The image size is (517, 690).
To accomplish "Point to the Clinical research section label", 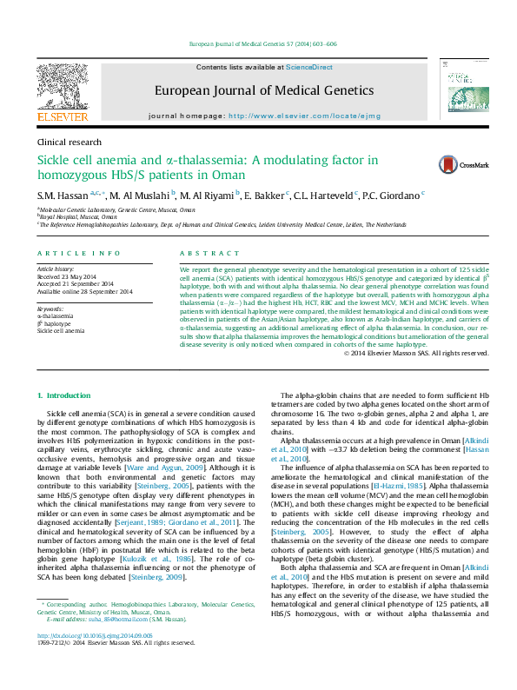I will coord(70,142).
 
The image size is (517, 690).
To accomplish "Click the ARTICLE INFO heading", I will coord(79,253).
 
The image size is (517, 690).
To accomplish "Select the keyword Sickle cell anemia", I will coord(61,331).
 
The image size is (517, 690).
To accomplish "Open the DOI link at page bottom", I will coord(88,660).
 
